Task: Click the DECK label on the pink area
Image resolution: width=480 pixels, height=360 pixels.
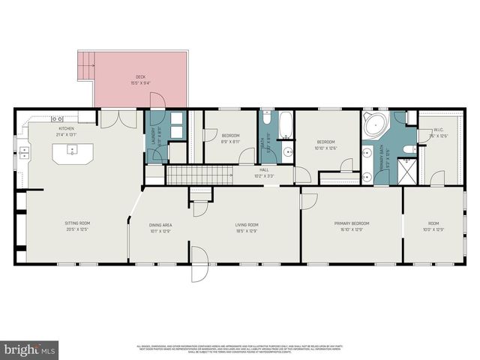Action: (139, 76)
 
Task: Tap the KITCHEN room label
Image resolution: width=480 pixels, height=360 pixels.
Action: (67, 128)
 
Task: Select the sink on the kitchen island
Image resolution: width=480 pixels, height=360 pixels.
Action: (73, 151)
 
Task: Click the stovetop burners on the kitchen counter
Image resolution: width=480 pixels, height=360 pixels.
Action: (56, 118)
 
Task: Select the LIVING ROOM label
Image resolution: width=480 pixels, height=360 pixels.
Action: (247, 224)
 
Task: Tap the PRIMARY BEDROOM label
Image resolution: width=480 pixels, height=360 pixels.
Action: (352, 223)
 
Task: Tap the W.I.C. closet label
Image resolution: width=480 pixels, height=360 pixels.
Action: (439, 129)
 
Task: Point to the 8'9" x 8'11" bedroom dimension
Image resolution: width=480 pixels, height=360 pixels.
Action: (230, 141)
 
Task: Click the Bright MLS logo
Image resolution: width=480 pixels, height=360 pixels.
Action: (30, 349)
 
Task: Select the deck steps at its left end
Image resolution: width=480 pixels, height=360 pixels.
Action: (85, 66)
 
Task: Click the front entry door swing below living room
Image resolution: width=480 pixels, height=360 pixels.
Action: (199, 266)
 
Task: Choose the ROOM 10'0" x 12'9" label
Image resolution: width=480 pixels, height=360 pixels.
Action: (434, 223)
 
